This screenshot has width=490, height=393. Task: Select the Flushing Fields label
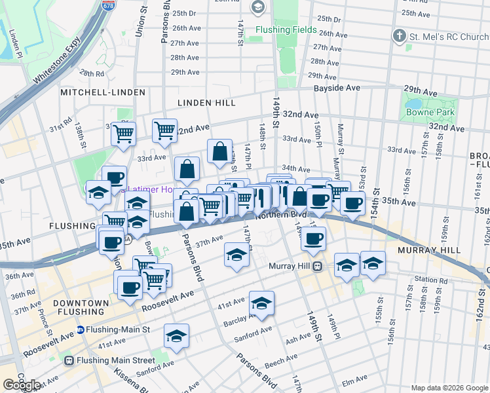pos(286,29)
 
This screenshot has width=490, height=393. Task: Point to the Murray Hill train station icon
pos(317,266)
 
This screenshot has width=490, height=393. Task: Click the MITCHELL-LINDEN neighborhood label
pos(103,92)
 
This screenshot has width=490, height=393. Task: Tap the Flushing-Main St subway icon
pos(81,329)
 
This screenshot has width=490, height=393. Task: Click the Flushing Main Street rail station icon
pos(68,360)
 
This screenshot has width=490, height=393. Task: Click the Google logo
pos(22,385)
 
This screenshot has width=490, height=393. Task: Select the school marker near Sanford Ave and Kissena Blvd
pos(176,336)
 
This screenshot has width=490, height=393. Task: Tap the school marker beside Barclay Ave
pos(261,303)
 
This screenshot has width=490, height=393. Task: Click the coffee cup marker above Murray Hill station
pos(314,239)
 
